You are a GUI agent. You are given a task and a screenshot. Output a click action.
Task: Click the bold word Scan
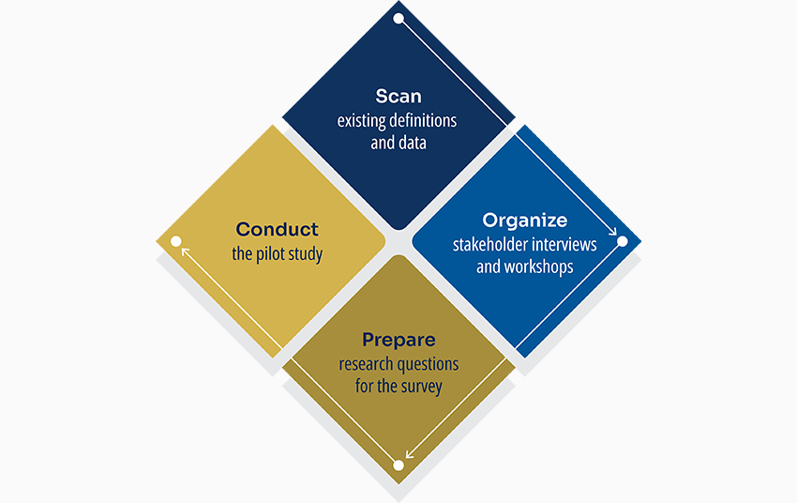click(398, 96)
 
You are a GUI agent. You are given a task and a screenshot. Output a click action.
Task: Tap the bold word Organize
click(525, 221)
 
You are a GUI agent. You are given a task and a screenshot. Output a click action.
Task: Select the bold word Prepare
click(398, 340)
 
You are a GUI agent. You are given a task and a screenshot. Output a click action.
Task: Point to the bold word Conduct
click(277, 229)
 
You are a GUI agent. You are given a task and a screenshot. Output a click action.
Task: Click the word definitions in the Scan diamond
click(425, 121)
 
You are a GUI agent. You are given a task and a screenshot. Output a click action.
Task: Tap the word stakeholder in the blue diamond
click(489, 245)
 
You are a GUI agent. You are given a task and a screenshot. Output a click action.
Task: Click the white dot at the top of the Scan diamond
click(398, 18)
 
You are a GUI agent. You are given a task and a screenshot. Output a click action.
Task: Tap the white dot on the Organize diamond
click(622, 241)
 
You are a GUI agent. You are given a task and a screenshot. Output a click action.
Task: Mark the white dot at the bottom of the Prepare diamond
click(398, 465)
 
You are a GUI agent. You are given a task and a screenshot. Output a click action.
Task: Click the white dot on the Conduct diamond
click(175, 241)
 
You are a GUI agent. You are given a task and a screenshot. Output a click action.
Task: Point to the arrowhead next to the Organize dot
click(612, 231)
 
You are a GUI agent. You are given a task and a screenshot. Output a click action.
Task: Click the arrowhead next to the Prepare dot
click(409, 455)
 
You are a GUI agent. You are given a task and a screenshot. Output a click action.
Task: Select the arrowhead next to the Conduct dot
click(185, 251)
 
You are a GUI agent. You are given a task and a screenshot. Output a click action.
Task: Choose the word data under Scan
click(412, 144)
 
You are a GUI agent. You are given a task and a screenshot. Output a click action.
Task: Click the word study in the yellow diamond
click(306, 254)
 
